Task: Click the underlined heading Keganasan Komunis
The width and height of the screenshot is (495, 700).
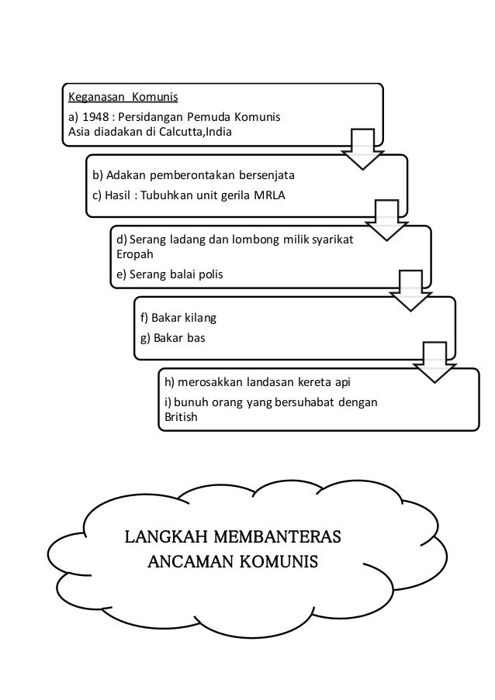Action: [123, 98]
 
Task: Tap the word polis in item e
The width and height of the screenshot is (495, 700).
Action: [206, 274]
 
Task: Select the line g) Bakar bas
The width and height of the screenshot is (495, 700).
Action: [168, 338]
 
